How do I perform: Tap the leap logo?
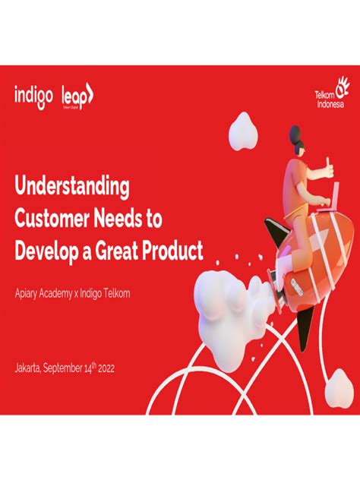[77, 96]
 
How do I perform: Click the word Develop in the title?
[46, 250]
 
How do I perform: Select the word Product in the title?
[177, 250]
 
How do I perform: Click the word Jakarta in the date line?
[29, 368]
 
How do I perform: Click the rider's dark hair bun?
[295, 134]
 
